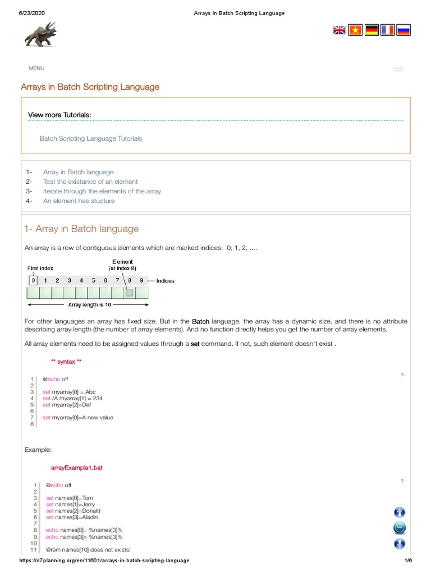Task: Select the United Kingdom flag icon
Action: click(x=340, y=30)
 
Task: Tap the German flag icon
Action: click(x=372, y=30)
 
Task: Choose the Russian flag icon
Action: click(x=404, y=30)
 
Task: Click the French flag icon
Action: click(x=387, y=30)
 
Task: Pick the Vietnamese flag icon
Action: click(x=355, y=30)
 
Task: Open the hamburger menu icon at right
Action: click(x=398, y=70)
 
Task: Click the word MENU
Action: click(x=36, y=68)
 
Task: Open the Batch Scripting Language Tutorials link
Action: click(x=91, y=138)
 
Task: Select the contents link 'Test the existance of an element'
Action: click(x=90, y=182)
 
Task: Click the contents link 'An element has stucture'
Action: click(x=79, y=201)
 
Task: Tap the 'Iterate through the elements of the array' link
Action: click(x=102, y=191)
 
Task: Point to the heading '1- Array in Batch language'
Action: click(x=81, y=229)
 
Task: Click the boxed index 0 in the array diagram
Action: click(x=33, y=280)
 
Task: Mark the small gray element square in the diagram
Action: click(x=130, y=293)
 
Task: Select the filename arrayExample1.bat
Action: click(x=77, y=469)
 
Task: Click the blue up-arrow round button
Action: click(x=400, y=512)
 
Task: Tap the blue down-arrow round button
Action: click(x=400, y=543)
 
